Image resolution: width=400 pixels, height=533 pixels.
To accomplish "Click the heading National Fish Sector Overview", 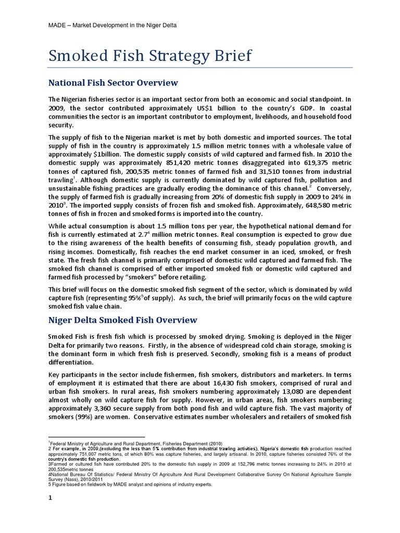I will pyautogui.click(x=113, y=83).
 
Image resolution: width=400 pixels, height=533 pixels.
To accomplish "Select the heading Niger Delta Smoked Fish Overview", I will pyautogui.click(x=122, y=319).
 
